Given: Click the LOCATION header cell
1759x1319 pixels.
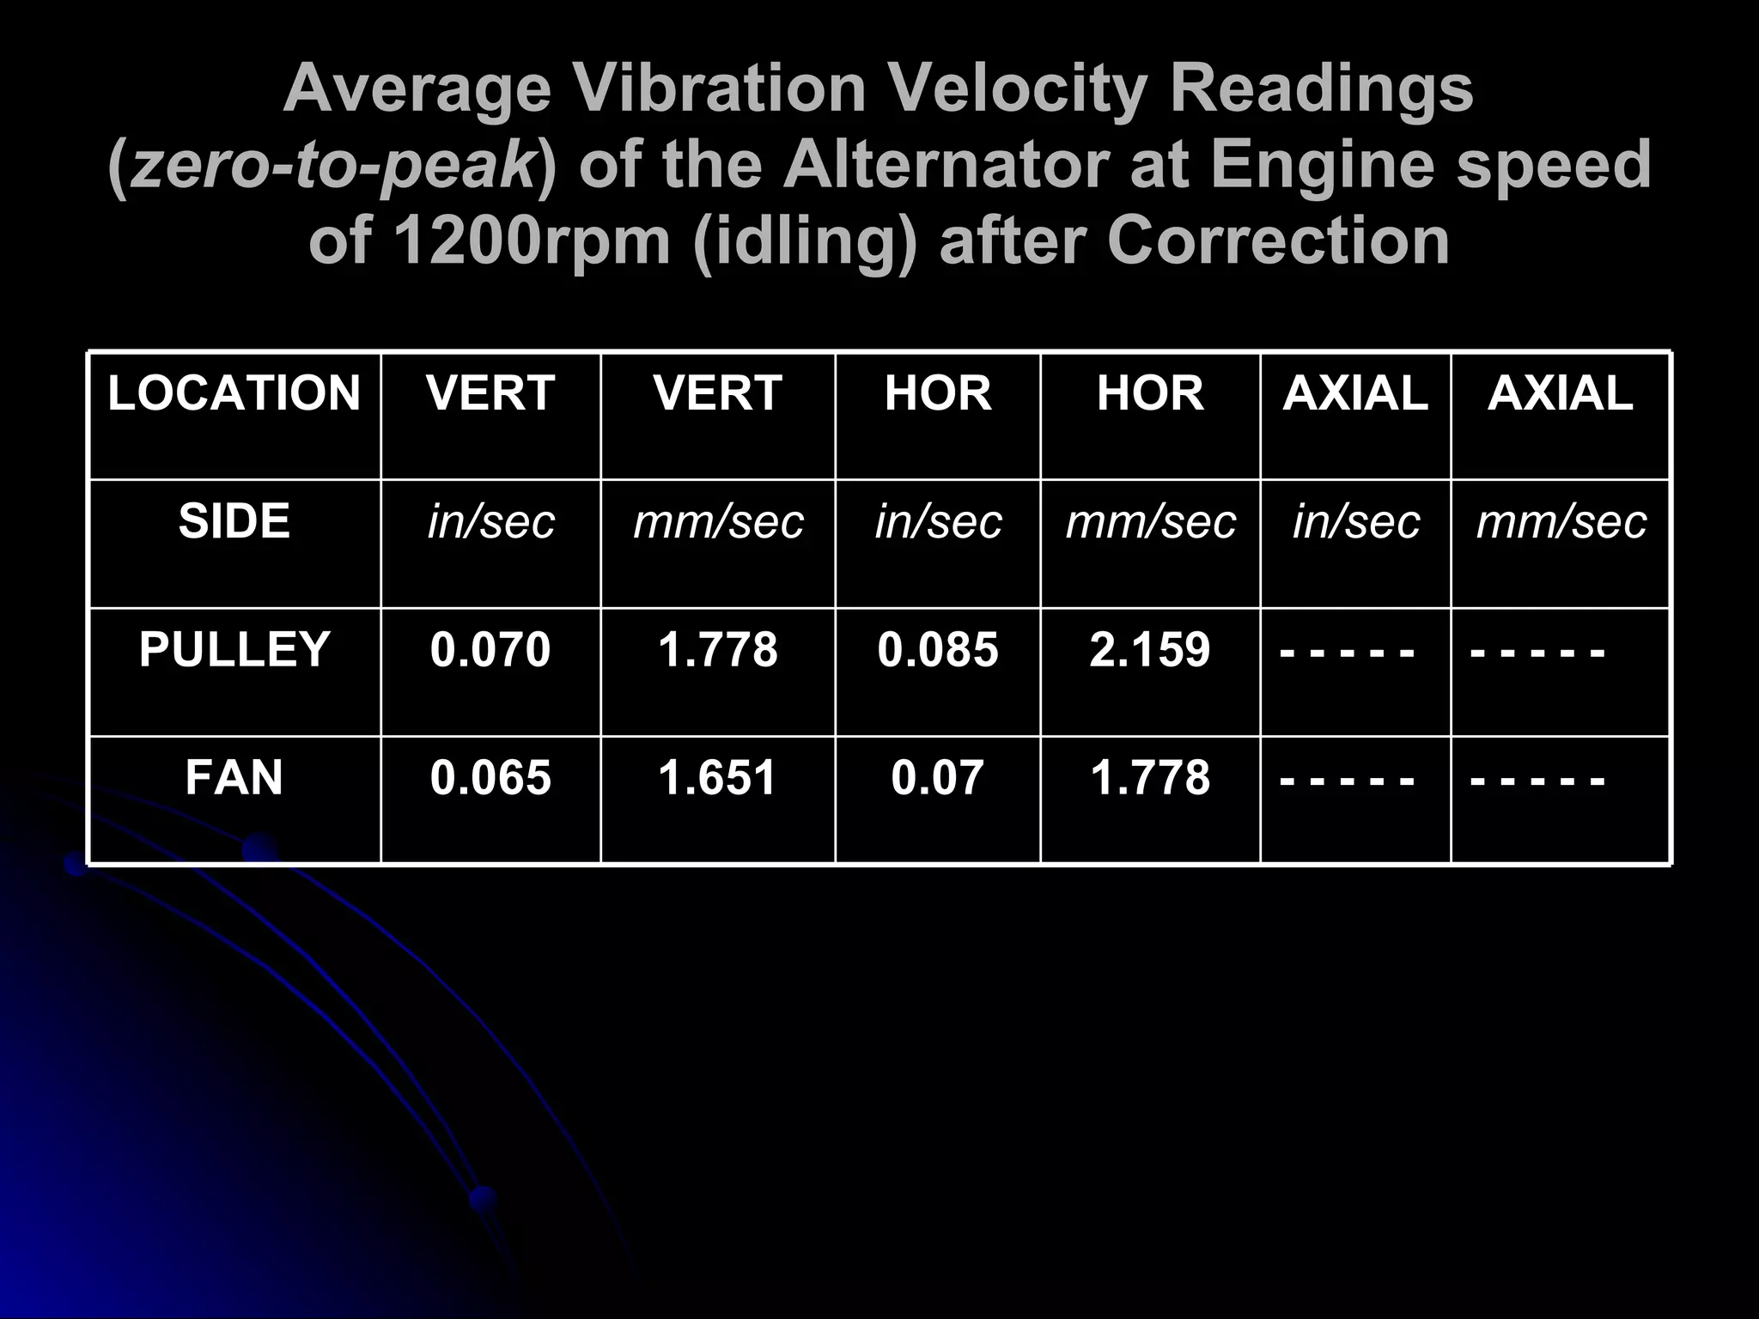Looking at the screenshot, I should pyautogui.click(x=234, y=393).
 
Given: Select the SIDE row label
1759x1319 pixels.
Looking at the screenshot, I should pyautogui.click(x=234, y=521).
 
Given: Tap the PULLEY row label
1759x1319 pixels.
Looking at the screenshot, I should pyautogui.click(x=234, y=649).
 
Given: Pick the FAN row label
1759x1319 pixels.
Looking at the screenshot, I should pyautogui.click(x=234, y=777).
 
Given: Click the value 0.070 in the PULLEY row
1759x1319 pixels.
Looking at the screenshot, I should pyautogui.click(x=490, y=649).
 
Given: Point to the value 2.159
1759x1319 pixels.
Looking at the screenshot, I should pyautogui.click(x=1149, y=649).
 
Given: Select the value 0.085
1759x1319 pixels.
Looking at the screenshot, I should pyautogui.click(x=937, y=649).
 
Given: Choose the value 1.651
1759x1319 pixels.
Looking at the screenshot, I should pyautogui.click(x=717, y=777).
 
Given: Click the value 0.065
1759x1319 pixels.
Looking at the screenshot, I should pyautogui.click(x=490, y=777).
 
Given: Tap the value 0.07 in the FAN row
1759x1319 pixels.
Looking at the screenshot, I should pyautogui.click(x=937, y=777).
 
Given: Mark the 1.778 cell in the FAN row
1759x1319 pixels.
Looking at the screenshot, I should pyautogui.click(x=1149, y=777).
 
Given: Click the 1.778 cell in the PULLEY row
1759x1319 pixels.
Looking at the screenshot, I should pyautogui.click(x=717, y=649).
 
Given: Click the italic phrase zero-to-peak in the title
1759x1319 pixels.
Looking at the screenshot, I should pyautogui.click(x=335, y=165).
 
